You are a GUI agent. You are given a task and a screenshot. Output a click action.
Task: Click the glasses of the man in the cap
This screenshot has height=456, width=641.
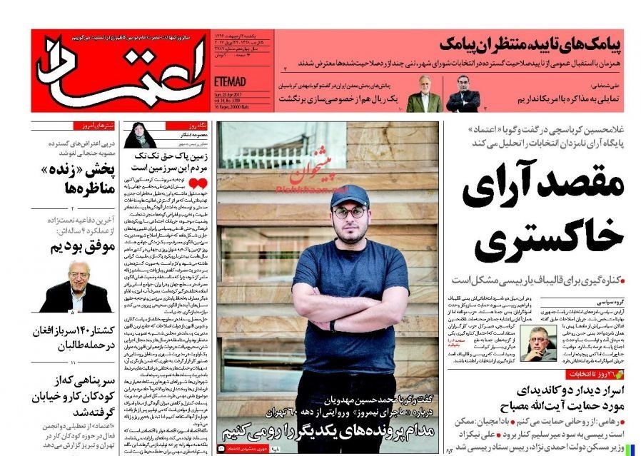coord(349,211)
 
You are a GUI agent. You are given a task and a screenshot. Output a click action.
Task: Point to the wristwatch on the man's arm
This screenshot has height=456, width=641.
coord(333,325)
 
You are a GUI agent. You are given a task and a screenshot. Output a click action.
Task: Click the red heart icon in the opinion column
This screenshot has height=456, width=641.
coord(202,184)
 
